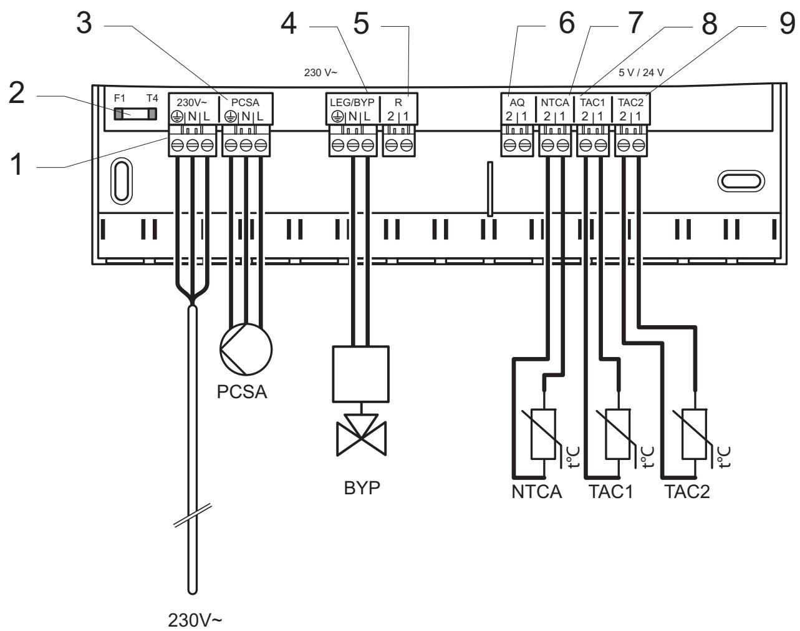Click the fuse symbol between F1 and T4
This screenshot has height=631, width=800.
[135, 114]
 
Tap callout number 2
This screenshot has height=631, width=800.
[17, 93]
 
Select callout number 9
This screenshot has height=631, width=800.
[787, 24]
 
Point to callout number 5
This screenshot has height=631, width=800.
[361, 24]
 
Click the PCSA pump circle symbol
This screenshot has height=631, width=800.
[246, 350]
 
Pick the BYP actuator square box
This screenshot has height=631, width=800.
[360, 374]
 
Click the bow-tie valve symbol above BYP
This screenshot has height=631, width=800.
[361, 438]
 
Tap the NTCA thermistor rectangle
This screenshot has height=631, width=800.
[544, 434]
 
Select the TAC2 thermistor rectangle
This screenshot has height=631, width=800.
[695, 434]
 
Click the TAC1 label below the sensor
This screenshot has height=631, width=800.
[611, 491]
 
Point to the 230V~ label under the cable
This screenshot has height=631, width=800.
[195, 620]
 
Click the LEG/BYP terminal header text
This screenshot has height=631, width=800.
[352, 102]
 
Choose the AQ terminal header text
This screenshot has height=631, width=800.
[517, 102]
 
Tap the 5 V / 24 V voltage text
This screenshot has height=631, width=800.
[641, 72]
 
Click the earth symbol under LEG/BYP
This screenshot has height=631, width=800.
[337, 117]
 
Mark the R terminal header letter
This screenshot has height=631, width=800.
[398, 102]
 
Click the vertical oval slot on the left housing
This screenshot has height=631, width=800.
[122, 181]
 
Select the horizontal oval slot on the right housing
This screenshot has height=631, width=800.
[741, 181]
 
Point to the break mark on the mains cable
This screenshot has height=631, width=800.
[193, 516]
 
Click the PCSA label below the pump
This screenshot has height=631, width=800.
[242, 392]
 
